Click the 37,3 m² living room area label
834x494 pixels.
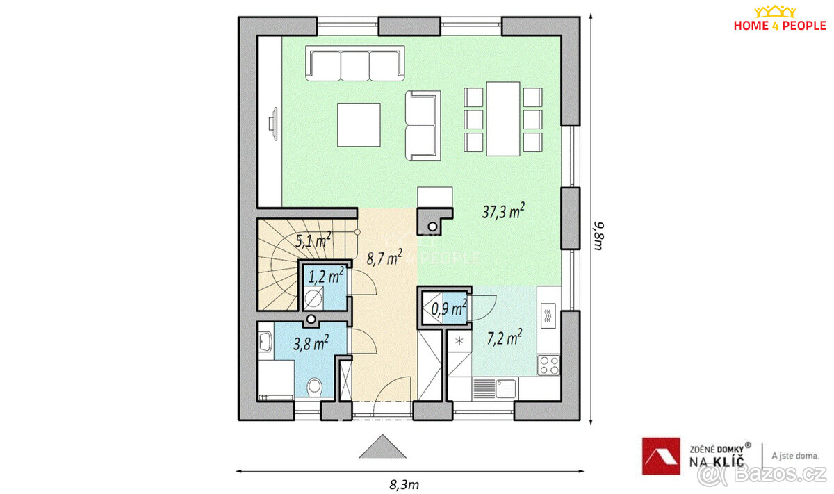(x=503, y=211)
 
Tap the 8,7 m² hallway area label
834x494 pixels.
(x=384, y=258)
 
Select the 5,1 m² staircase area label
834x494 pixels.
(x=313, y=240)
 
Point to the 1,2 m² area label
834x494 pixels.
(x=326, y=276)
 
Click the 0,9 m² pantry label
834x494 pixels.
(x=449, y=308)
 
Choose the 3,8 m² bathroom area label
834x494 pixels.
(x=311, y=343)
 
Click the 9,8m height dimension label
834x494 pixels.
(x=598, y=236)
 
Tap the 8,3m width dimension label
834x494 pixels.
(x=404, y=485)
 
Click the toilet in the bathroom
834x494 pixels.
(x=315, y=387)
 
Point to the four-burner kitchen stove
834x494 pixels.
(x=549, y=365)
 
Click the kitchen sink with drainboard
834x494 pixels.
(x=494, y=388)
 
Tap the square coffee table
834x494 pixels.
(x=359, y=124)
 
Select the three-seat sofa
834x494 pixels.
(x=355, y=63)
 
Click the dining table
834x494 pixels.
(x=503, y=119)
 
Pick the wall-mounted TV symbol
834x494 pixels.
(x=274, y=124)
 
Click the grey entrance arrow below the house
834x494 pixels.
(x=382, y=446)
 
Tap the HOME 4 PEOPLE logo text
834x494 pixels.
(x=780, y=26)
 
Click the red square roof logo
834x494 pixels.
(x=661, y=456)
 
